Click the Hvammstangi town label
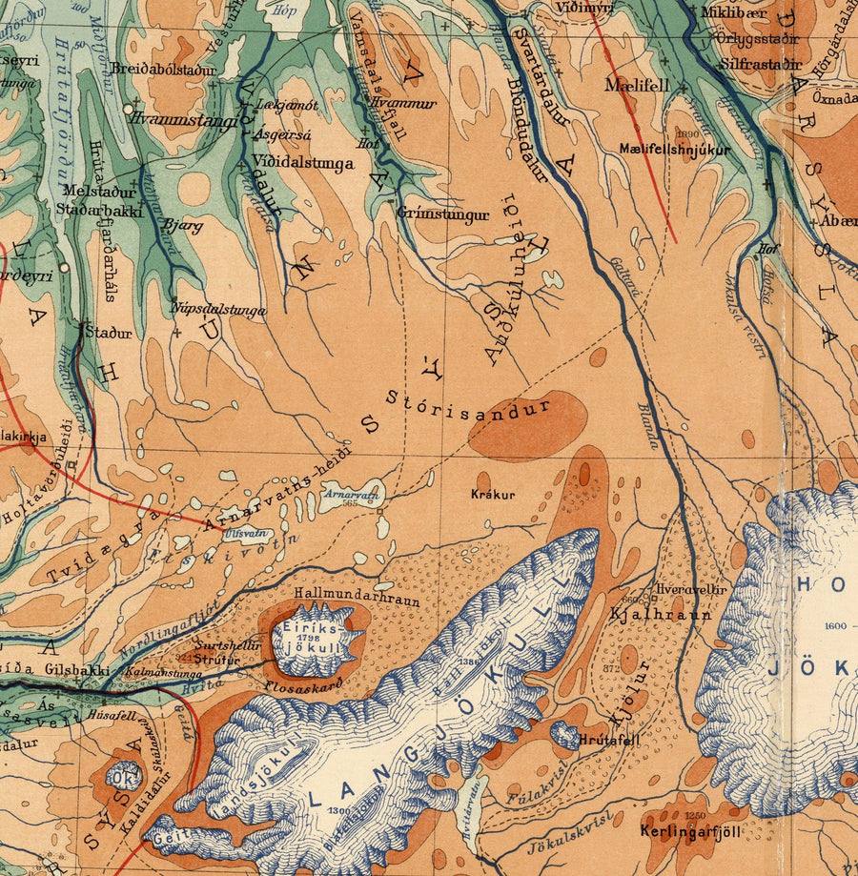(185, 120)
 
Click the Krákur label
(493, 495)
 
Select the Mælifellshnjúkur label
(674, 150)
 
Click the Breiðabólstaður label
(163, 70)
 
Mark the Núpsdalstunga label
(218, 308)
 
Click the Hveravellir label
(691, 589)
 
